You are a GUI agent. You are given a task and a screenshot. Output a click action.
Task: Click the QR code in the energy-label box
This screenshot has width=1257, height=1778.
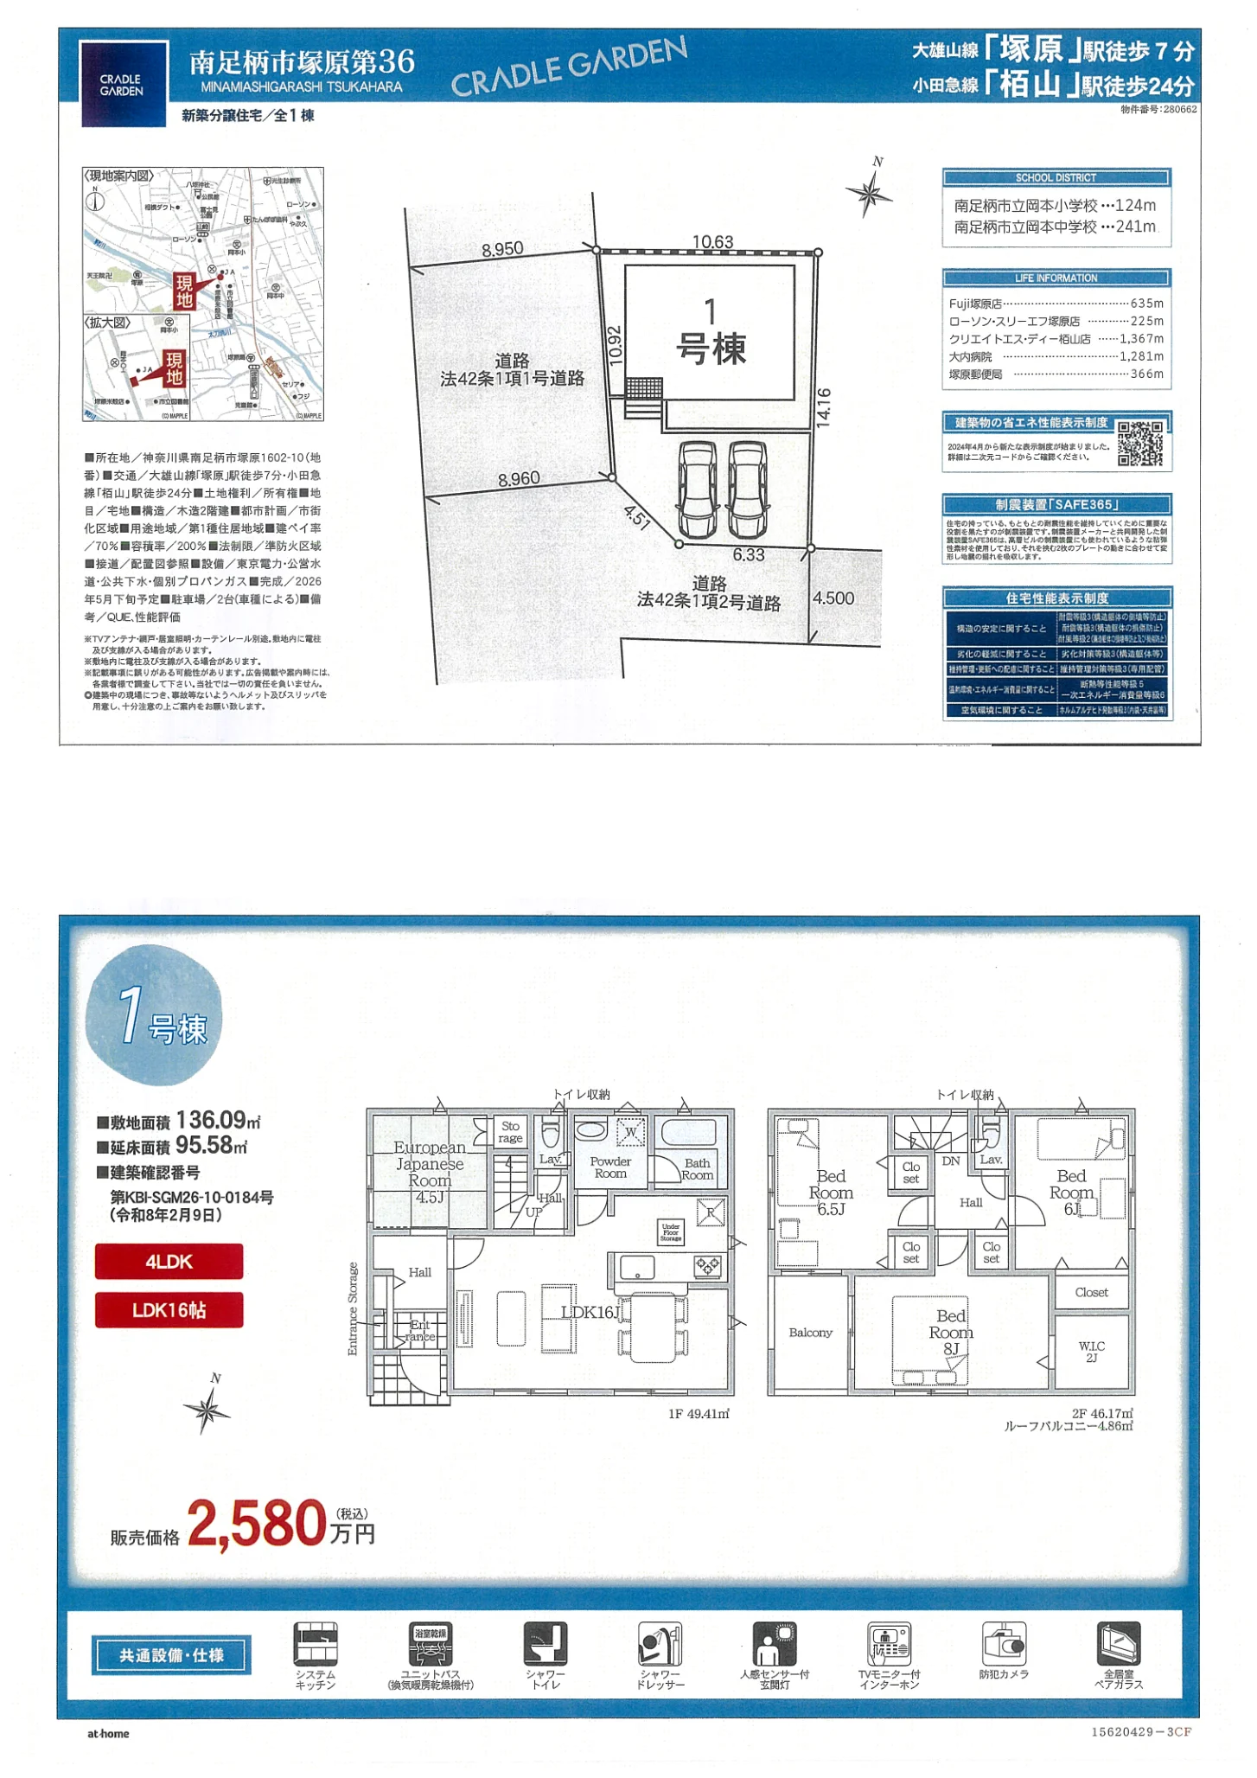click(1140, 443)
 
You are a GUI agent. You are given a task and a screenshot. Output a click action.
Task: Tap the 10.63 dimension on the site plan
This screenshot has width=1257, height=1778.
click(712, 241)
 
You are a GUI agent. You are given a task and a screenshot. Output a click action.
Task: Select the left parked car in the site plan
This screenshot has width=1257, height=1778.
click(697, 489)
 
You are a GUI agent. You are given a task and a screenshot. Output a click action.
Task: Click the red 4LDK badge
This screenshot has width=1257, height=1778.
click(169, 1261)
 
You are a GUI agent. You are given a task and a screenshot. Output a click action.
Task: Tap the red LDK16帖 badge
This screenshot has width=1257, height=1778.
click(169, 1309)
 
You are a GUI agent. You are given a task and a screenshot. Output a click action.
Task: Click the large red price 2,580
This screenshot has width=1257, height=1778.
click(256, 1524)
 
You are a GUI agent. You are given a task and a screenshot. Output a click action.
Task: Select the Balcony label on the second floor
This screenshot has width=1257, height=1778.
click(810, 1333)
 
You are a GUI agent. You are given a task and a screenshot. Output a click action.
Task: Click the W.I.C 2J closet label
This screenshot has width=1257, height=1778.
click(1091, 1352)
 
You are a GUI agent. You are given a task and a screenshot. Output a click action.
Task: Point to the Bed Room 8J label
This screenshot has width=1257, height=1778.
click(951, 1331)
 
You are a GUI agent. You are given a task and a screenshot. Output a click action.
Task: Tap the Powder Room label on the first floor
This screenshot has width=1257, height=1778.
click(610, 1167)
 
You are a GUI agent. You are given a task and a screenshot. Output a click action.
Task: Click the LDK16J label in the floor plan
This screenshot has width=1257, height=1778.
click(591, 1312)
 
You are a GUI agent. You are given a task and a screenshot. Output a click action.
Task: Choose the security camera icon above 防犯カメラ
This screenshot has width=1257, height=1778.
click(1004, 1643)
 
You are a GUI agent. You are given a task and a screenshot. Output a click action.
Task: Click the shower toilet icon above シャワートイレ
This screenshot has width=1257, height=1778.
click(546, 1643)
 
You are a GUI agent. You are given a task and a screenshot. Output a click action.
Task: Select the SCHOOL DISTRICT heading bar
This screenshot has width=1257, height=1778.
click(1056, 177)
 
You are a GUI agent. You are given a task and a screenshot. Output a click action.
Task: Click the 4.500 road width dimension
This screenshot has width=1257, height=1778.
click(833, 598)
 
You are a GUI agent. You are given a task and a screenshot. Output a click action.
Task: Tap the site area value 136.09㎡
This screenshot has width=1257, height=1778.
click(218, 1121)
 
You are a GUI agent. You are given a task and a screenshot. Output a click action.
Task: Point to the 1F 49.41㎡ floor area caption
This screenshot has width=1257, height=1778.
click(699, 1413)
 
